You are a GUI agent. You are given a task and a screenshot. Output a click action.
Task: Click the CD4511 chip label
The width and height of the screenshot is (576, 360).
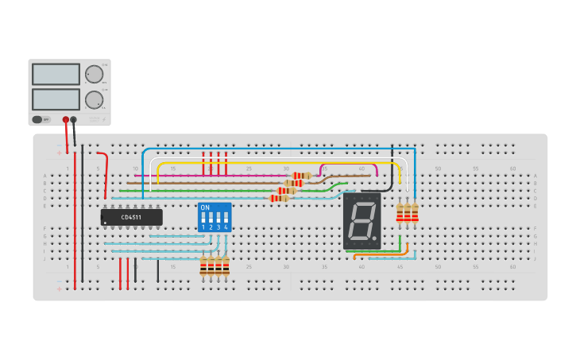click(131, 217)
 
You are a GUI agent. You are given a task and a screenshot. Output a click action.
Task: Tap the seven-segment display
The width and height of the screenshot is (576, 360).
click(362, 221)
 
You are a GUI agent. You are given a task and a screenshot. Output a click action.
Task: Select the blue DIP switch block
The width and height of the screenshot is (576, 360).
click(215, 217)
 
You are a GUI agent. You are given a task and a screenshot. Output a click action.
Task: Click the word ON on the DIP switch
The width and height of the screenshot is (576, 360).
click(205, 207)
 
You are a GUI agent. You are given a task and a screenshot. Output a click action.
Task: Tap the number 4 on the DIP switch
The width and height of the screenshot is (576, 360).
click(226, 227)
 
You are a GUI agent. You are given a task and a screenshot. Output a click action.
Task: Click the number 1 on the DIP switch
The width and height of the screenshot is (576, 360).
click(203, 227)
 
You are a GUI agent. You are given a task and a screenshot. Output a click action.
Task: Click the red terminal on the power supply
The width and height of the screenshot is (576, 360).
click(66, 120)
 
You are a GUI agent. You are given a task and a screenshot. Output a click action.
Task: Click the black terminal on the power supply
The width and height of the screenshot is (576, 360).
click(74, 120)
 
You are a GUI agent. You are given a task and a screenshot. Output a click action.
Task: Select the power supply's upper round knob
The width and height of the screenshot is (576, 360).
click(94, 75)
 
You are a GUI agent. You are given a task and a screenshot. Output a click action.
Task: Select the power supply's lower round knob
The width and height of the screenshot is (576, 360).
click(94, 100)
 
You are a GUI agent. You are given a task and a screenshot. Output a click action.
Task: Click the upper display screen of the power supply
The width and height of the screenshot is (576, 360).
click(56, 75)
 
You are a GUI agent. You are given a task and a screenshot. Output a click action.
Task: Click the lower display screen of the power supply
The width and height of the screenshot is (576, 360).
click(56, 99)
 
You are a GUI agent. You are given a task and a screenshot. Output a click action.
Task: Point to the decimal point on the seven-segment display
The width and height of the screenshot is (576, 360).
click(377, 238)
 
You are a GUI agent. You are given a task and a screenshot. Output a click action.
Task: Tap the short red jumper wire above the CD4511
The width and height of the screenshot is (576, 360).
click(105, 171)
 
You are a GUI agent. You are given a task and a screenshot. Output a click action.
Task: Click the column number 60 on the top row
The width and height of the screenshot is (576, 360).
click(512, 168)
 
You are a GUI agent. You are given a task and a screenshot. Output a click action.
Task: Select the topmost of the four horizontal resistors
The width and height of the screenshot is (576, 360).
click(302, 176)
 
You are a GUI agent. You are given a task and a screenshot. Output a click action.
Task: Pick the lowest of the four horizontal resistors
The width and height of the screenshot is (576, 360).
click(280, 198)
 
